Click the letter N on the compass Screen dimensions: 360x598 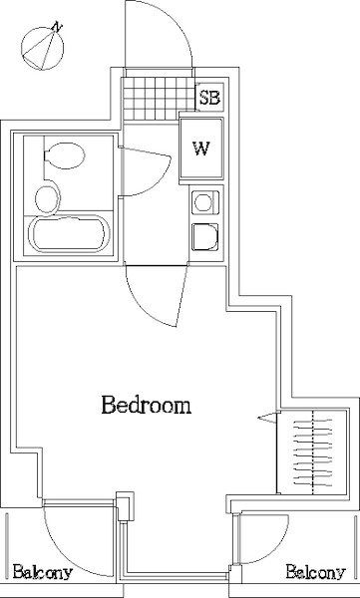coord(57,27)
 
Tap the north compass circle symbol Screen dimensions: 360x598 coord(42,49)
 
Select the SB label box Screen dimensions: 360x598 coord(209,98)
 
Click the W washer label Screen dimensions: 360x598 coord(200,149)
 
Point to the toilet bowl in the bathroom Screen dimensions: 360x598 coord(65,155)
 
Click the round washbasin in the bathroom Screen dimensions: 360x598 coord(48,198)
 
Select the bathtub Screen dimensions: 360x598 coord(70,234)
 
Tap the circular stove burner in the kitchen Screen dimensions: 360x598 coord(202,202)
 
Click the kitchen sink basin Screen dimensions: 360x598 coord(205,237)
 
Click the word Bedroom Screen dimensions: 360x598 coord(147,405)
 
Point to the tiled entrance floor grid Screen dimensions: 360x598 coord(159,99)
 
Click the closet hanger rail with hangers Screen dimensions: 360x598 coord(313,452)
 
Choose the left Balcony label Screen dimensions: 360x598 coord(42,572)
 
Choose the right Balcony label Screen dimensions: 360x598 coord(316,572)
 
